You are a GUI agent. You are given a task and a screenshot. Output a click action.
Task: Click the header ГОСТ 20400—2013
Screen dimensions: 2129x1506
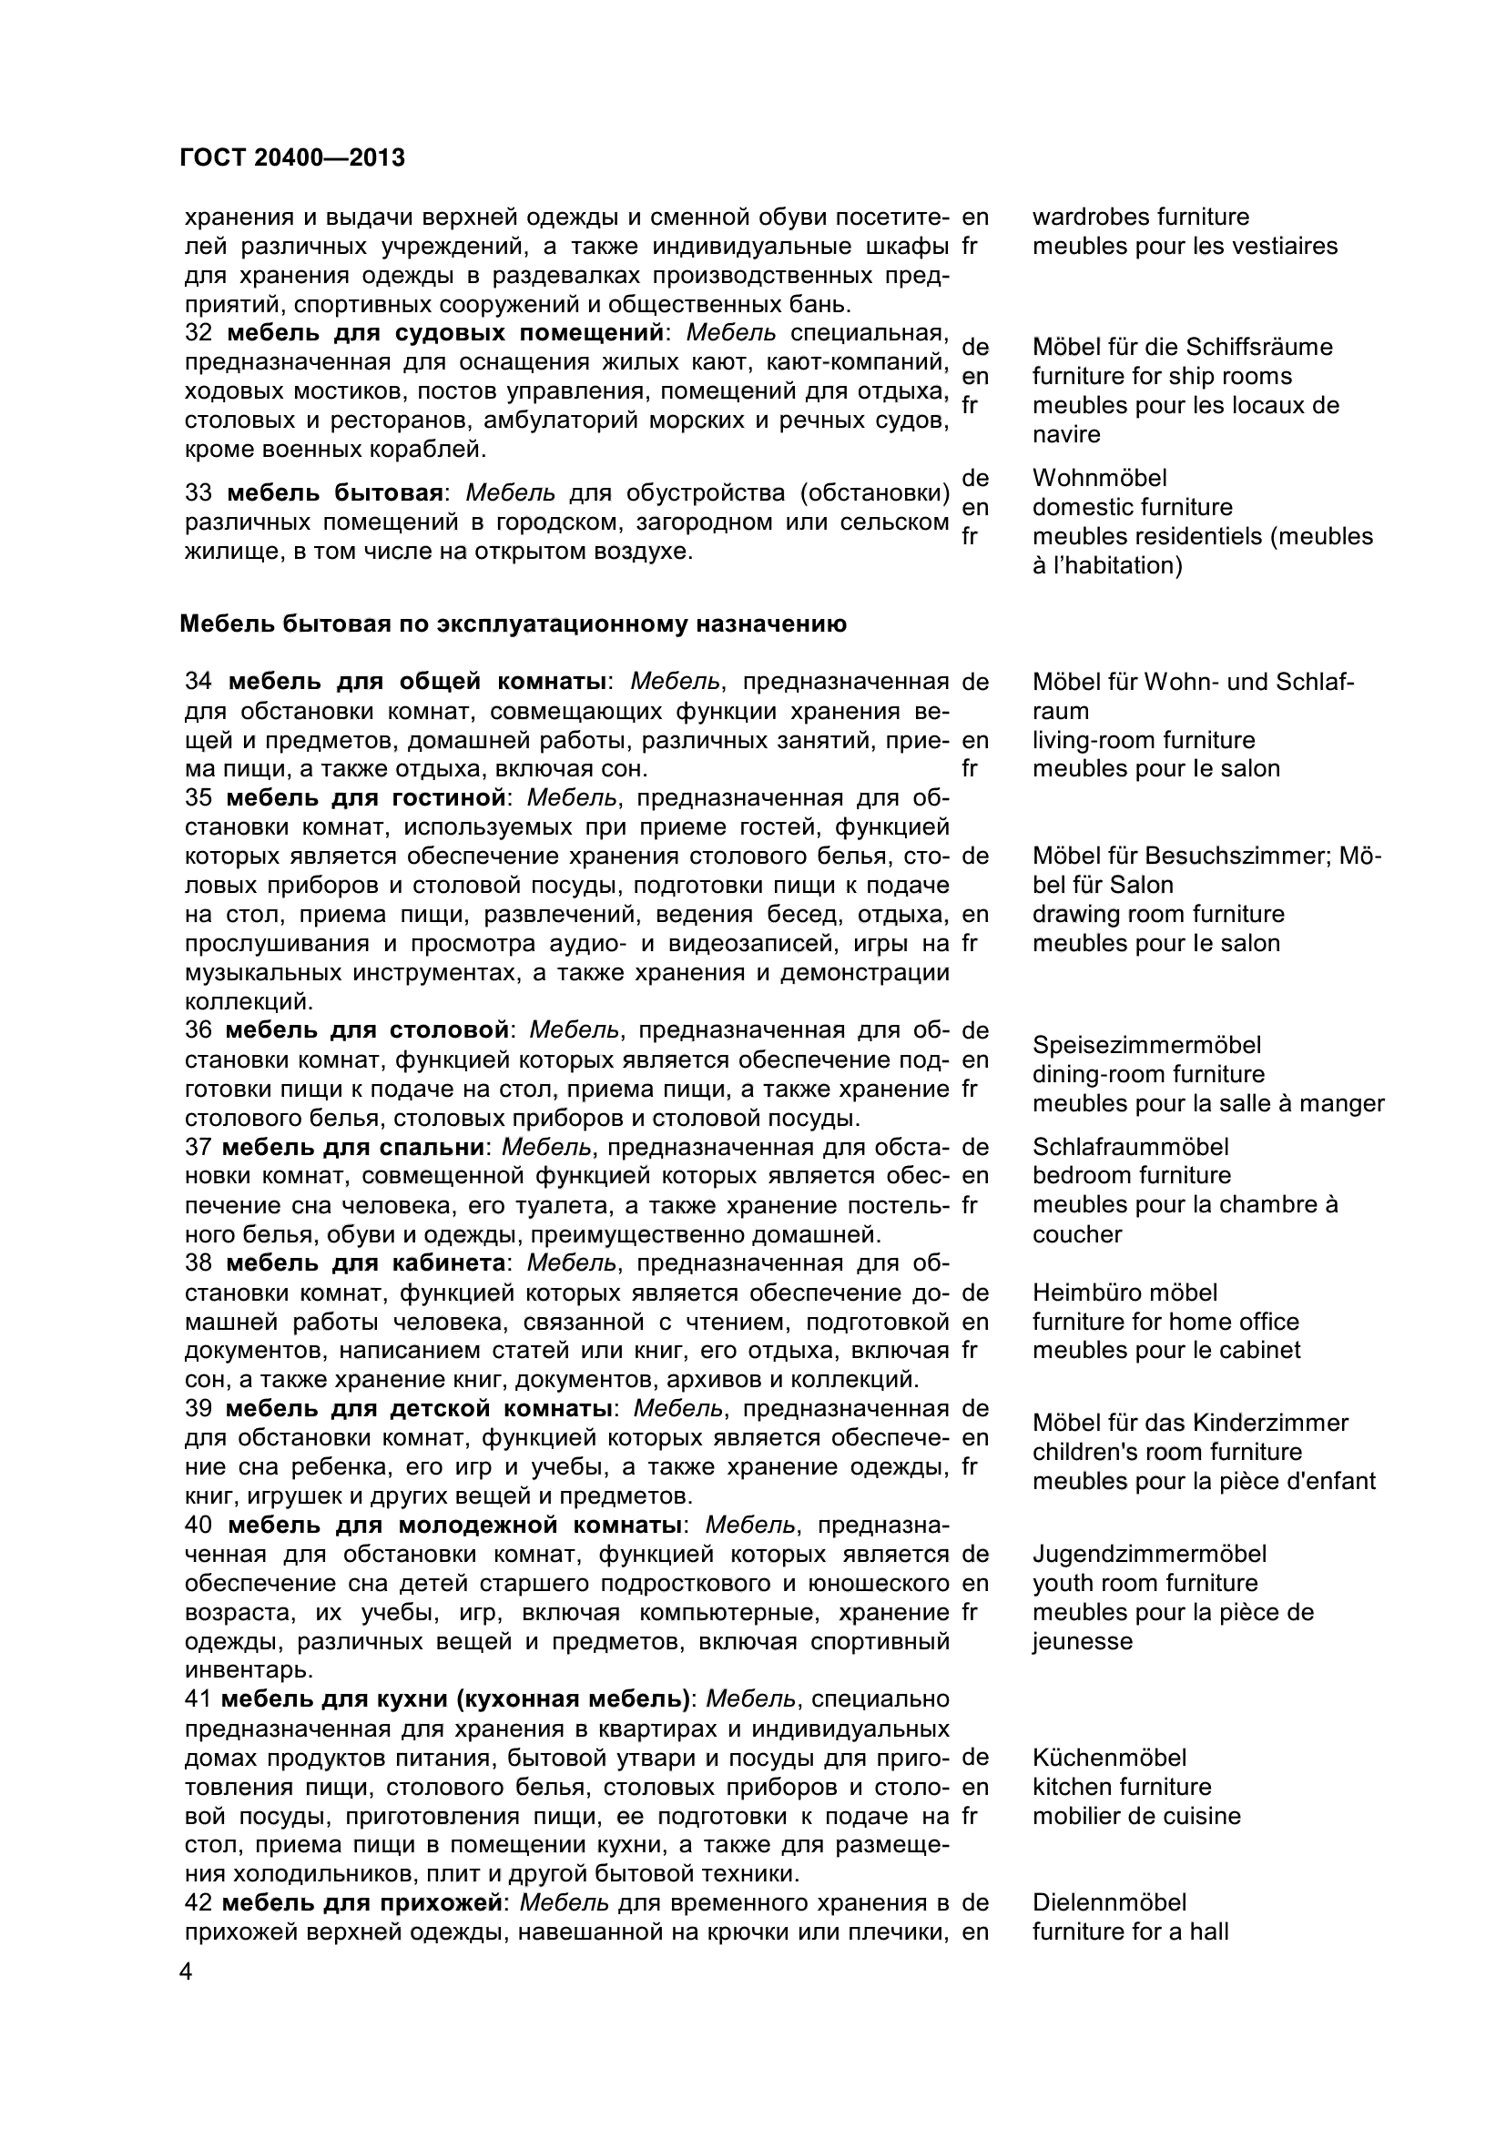coord(292,158)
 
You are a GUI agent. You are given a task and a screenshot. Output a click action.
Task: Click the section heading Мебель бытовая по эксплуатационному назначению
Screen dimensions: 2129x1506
coord(513,624)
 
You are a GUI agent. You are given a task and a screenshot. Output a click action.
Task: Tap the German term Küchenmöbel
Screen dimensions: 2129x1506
coord(1109,1759)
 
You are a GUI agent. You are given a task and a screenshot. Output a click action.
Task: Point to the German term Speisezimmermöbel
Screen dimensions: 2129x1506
coord(1146,1045)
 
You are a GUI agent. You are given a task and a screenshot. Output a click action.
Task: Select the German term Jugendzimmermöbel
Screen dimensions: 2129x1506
coord(1149,1554)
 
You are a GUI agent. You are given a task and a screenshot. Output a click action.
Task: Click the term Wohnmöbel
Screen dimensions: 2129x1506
coord(1100,479)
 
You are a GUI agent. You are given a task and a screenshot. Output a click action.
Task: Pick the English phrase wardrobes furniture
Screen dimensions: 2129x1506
coord(1141,217)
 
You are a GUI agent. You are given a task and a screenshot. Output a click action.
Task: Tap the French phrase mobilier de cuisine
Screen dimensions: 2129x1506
coord(1136,1816)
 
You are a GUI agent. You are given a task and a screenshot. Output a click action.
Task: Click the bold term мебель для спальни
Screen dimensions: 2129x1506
coord(352,1147)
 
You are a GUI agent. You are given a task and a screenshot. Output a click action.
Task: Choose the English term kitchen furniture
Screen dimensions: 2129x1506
coord(1121,1787)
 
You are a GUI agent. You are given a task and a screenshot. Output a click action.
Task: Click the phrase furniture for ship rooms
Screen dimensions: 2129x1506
coord(1162,377)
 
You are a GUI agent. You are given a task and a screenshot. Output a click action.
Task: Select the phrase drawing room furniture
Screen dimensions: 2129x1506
coord(1158,914)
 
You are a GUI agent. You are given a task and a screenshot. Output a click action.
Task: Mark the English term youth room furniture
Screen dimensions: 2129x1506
coord(1145,1583)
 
